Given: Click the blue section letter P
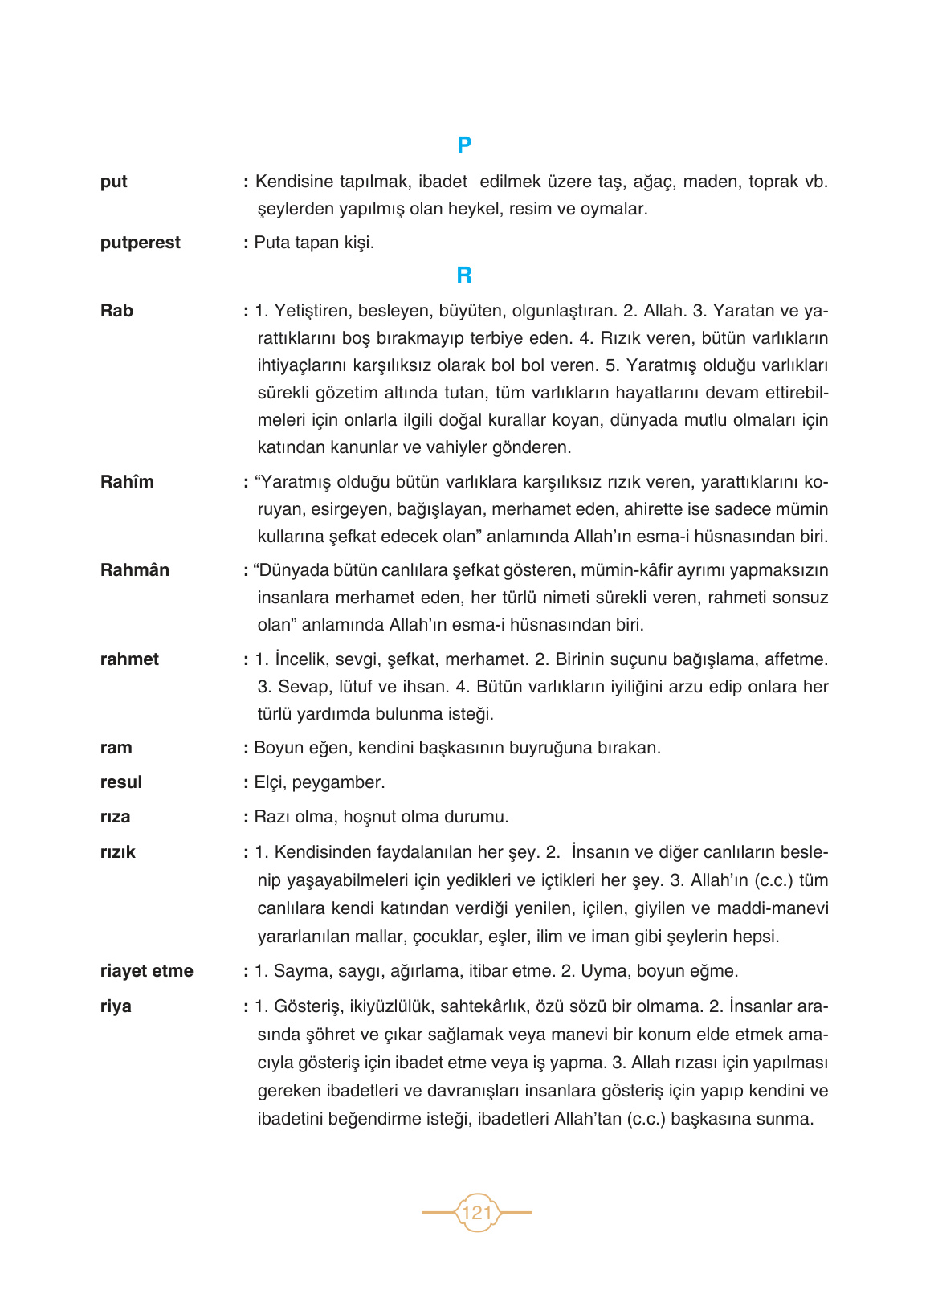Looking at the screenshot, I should coord(464,145).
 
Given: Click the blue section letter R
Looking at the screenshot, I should coord(464,276).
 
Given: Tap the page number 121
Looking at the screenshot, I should coord(477,1212).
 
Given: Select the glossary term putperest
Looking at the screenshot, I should coord(141,243).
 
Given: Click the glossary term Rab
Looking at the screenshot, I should coord(117,311).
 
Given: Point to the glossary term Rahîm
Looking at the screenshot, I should coord(127,482).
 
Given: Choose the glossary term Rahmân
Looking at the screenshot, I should coord(135,570).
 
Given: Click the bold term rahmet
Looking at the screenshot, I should coord(129,659).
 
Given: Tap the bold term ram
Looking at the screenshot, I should coord(116,748).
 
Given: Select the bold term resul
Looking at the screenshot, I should coord(121,782).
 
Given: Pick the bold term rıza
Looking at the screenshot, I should coord(116,817).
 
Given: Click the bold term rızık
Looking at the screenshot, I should coord(118,852).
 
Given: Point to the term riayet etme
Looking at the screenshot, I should coord(147,971).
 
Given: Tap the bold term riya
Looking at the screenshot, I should coord(116,1006).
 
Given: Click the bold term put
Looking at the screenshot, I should coord(114,182).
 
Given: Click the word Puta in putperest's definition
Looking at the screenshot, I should coord(271,243).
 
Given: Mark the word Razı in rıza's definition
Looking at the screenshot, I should coord(272,817).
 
